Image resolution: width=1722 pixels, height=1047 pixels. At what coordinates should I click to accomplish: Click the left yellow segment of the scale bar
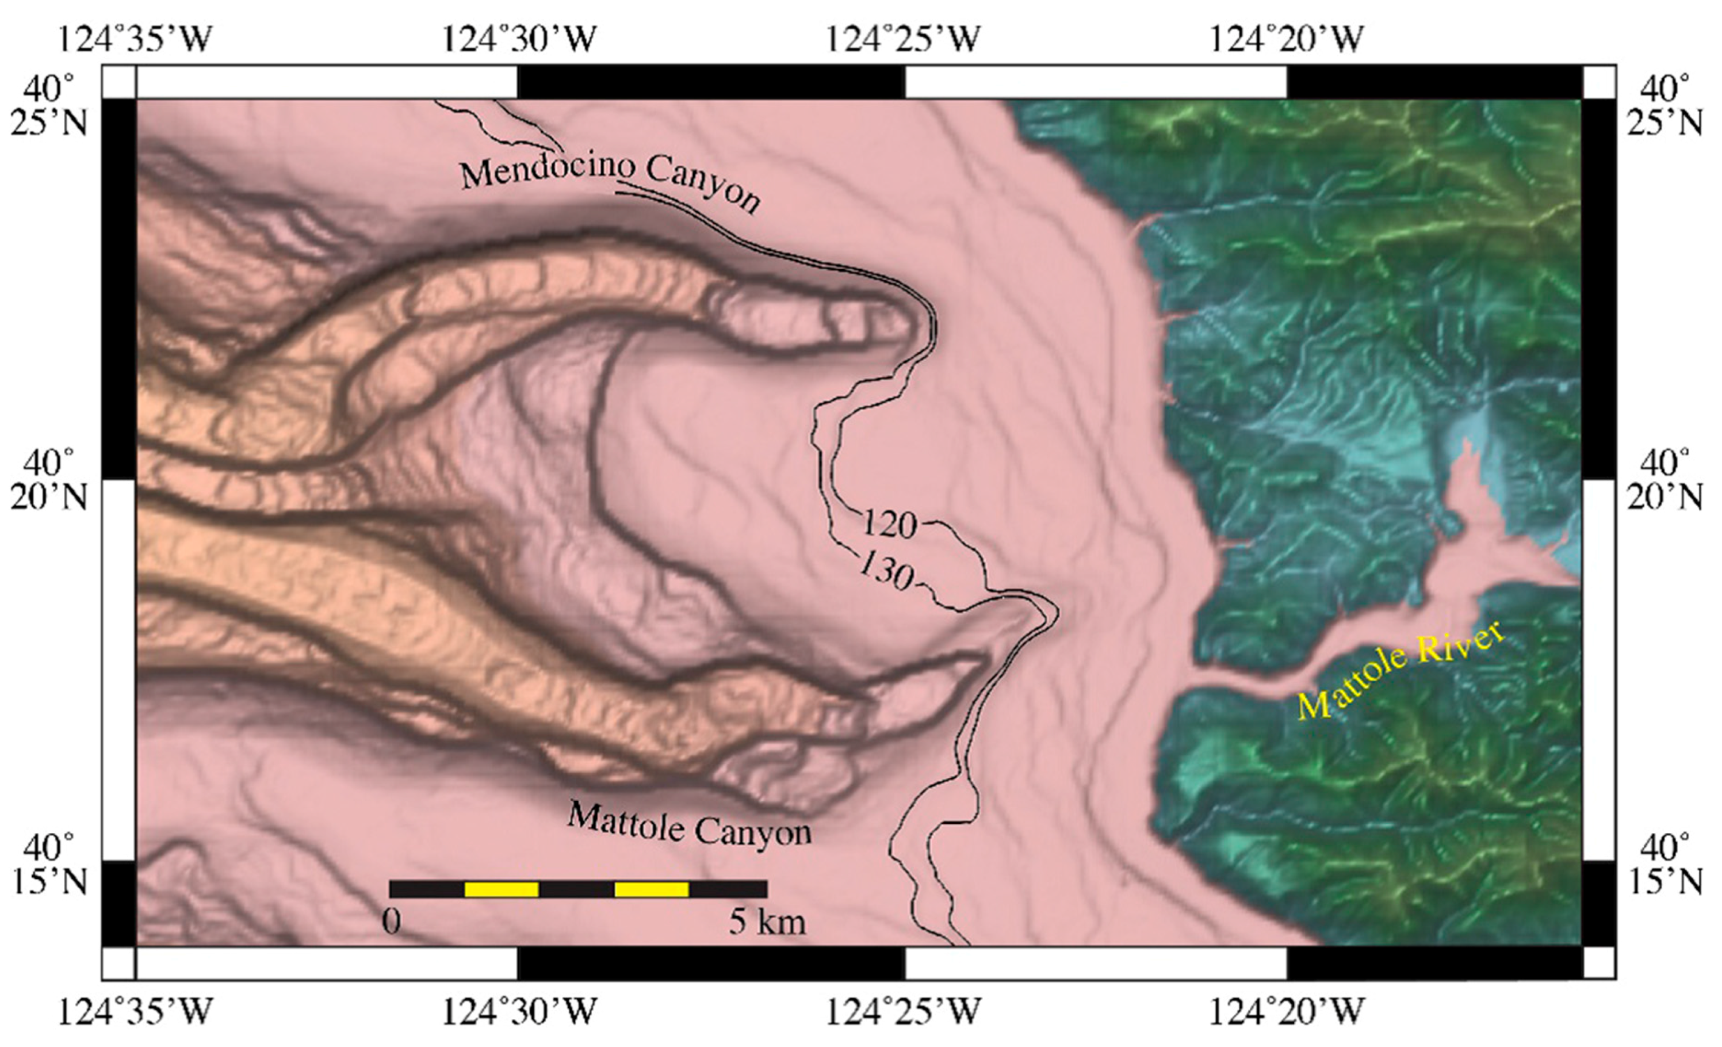[501, 889]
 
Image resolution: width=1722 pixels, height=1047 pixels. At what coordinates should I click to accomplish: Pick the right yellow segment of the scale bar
[651, 889]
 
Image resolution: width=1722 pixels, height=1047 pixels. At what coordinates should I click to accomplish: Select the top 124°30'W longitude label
[519, 39]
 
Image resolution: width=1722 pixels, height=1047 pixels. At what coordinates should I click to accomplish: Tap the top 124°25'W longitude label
[903, 39]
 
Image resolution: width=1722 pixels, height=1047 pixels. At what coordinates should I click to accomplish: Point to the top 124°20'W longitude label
[1286, 39]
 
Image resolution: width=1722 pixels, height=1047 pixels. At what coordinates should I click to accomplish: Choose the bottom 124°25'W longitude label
[903, 1011]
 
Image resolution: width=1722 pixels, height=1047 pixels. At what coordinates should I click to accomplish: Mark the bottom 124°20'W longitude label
[1286, 1011]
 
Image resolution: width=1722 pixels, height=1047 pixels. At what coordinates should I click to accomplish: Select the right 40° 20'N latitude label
[1670, 481]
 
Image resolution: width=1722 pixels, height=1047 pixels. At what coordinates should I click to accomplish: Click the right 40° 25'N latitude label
[1670, 107]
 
